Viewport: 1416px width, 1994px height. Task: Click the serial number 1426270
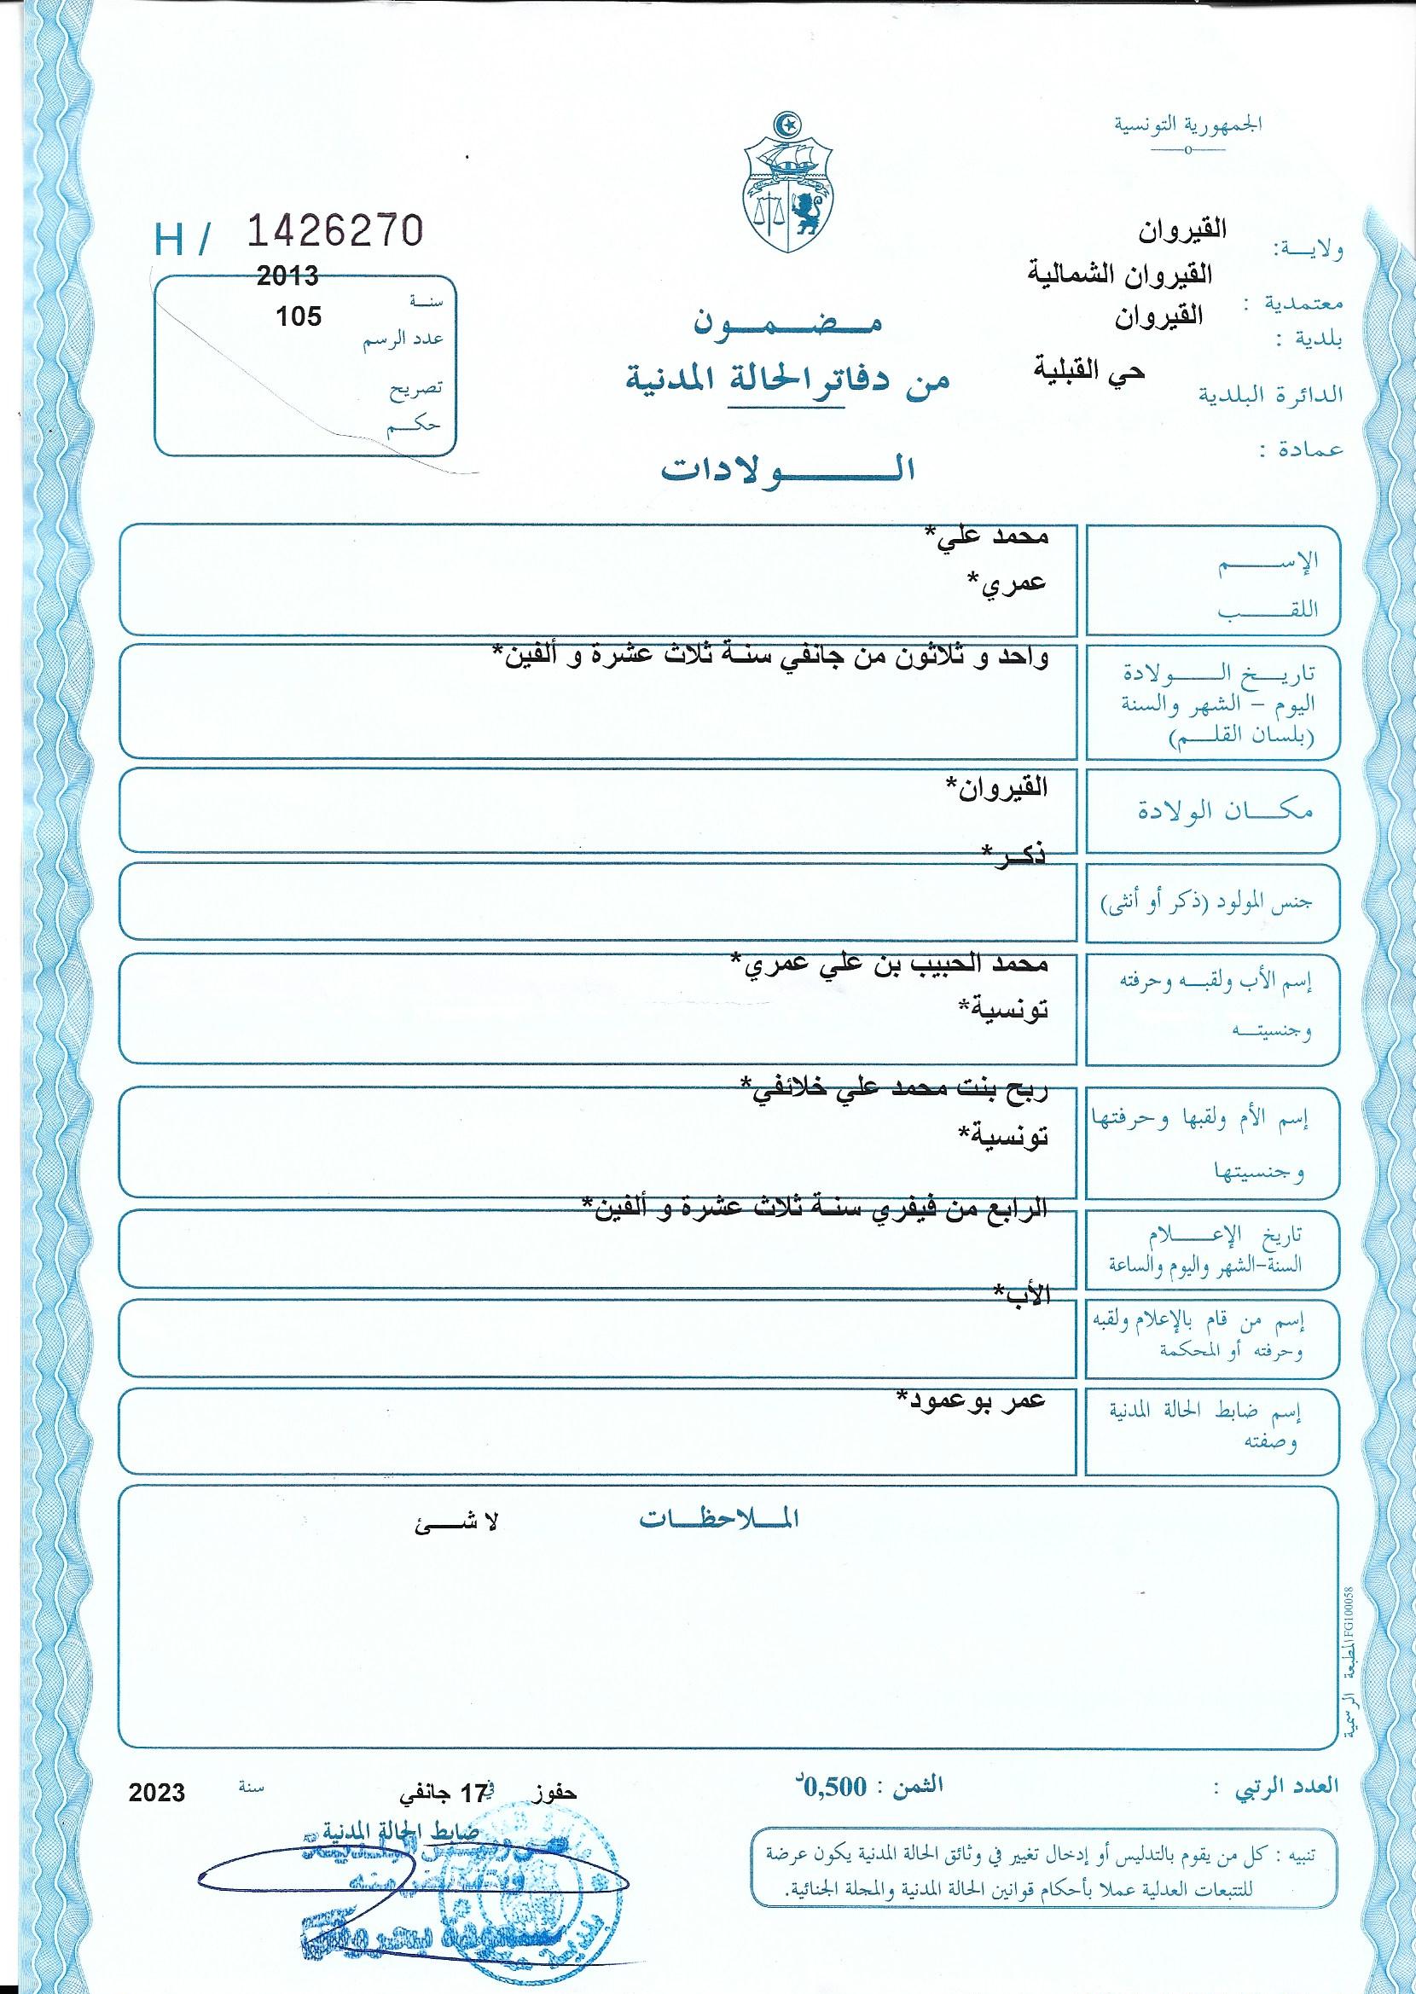[x=337, y=231]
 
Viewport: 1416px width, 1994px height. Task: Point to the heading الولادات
[x=788, y=470]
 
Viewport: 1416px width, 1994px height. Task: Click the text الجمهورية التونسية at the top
[x=1187, y=125]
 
